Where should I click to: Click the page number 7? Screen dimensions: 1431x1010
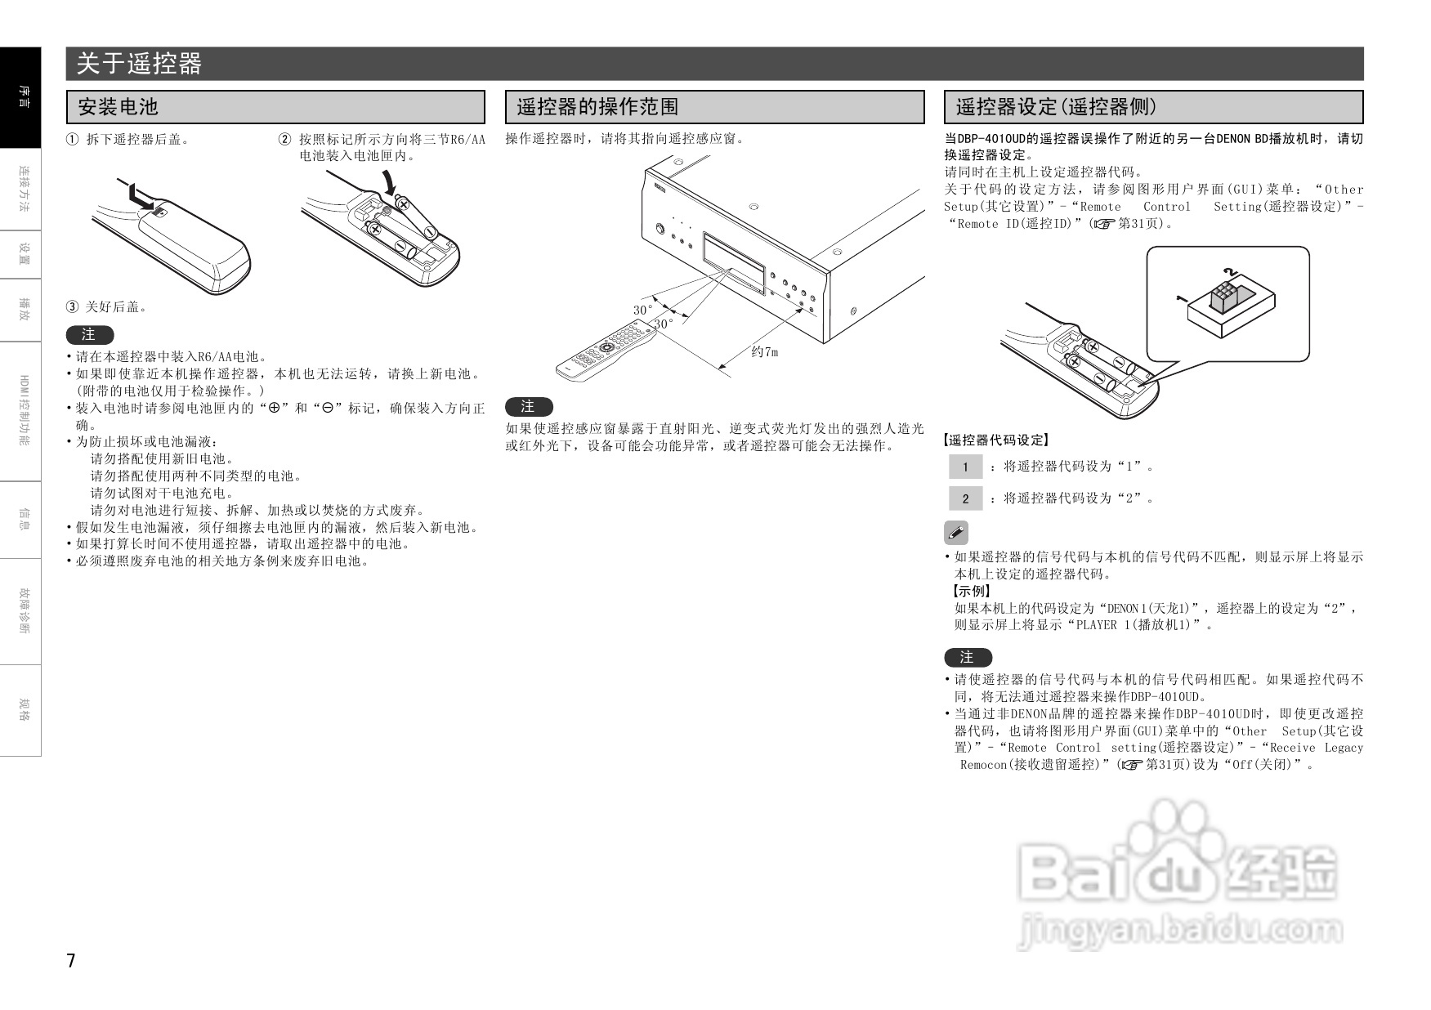[x=71, y=960]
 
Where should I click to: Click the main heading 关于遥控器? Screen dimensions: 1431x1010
[x=139, y=64]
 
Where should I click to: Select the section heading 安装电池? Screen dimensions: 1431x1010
[x=118, y=107]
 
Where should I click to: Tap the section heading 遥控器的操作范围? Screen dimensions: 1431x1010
[x=597, y=107]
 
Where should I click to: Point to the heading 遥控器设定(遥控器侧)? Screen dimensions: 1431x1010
[x=1056, y=107]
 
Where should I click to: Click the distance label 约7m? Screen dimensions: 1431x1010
[x=764, y=352]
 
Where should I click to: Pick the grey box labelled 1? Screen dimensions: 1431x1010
[x=965, y=467]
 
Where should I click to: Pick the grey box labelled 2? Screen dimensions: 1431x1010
[x=965, y=498]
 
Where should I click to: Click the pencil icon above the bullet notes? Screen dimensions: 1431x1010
[x=955, y=533]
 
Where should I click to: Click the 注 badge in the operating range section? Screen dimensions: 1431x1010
[x=529, y=407]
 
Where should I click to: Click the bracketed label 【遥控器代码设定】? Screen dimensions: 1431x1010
[x=995, y=440]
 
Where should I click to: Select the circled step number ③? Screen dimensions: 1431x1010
[x=73, y=307]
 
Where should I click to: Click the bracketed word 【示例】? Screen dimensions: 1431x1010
[x=971, y=591]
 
